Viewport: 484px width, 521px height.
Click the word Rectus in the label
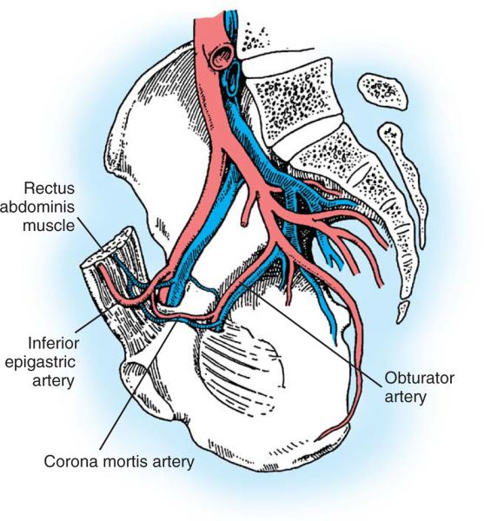50,188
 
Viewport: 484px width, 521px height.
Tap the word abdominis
37,207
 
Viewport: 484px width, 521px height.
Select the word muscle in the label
49,226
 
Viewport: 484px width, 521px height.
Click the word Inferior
53,343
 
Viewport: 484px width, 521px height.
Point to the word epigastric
40,362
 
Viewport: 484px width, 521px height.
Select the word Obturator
420,378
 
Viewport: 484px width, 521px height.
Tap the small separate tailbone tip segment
403,312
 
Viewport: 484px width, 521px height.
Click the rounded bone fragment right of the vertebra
382,90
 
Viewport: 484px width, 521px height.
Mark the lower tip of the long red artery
320,438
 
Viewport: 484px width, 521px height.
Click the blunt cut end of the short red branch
244,223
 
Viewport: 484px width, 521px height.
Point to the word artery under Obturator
405,398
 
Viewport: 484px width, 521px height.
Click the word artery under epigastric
53,381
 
